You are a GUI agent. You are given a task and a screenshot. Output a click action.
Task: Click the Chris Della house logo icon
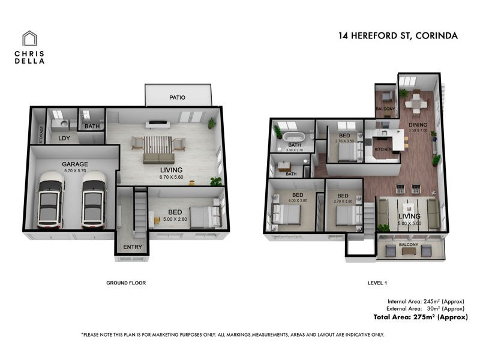29,39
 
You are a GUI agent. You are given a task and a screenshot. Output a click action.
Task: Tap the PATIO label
177,97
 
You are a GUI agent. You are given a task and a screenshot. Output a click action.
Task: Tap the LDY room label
64,139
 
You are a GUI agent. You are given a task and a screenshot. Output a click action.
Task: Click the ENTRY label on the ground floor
132,247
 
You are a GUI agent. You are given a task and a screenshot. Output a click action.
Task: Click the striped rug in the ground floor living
159,145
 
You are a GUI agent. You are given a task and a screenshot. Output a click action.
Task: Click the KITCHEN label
383,148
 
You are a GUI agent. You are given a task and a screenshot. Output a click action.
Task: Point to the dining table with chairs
416,103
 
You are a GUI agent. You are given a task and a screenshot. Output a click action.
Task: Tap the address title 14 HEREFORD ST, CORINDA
398,35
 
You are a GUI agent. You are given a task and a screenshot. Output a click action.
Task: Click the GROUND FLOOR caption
126,283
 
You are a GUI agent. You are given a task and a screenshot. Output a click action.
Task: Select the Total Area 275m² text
420,317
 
